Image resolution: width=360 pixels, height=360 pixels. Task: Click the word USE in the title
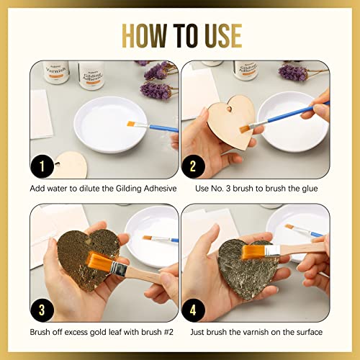tap(219, 34)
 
